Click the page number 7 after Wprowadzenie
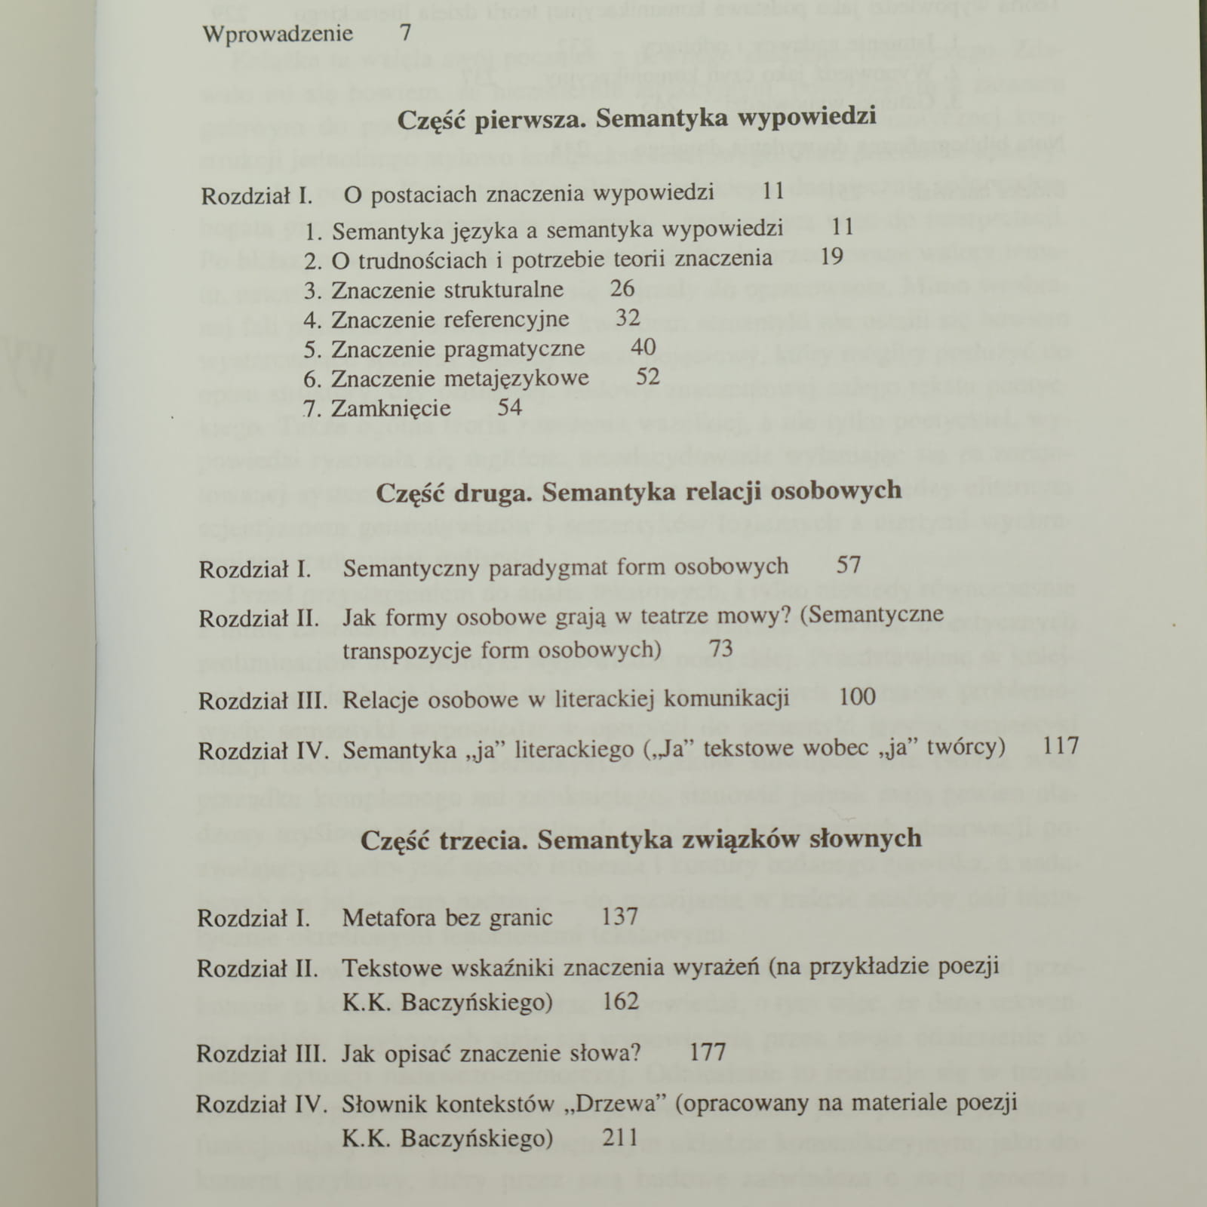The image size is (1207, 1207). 406,33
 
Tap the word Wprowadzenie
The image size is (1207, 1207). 278,35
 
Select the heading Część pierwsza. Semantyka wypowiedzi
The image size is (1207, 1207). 636,118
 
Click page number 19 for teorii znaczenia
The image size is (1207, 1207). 831,257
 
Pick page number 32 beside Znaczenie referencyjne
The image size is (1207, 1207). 628,318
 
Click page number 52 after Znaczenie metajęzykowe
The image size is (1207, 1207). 647,376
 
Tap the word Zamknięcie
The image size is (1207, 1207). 391,409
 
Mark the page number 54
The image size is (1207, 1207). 509,407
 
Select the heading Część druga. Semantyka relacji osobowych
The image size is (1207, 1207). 638,492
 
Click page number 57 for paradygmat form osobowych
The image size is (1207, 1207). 849,564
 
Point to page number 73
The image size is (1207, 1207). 721,648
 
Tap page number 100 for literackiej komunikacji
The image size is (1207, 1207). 857,696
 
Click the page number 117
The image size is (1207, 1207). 1061,746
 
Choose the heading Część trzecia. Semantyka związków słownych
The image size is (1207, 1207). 640,840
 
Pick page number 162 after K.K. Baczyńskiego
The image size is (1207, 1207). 620,1002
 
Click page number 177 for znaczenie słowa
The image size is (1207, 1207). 707,1052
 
